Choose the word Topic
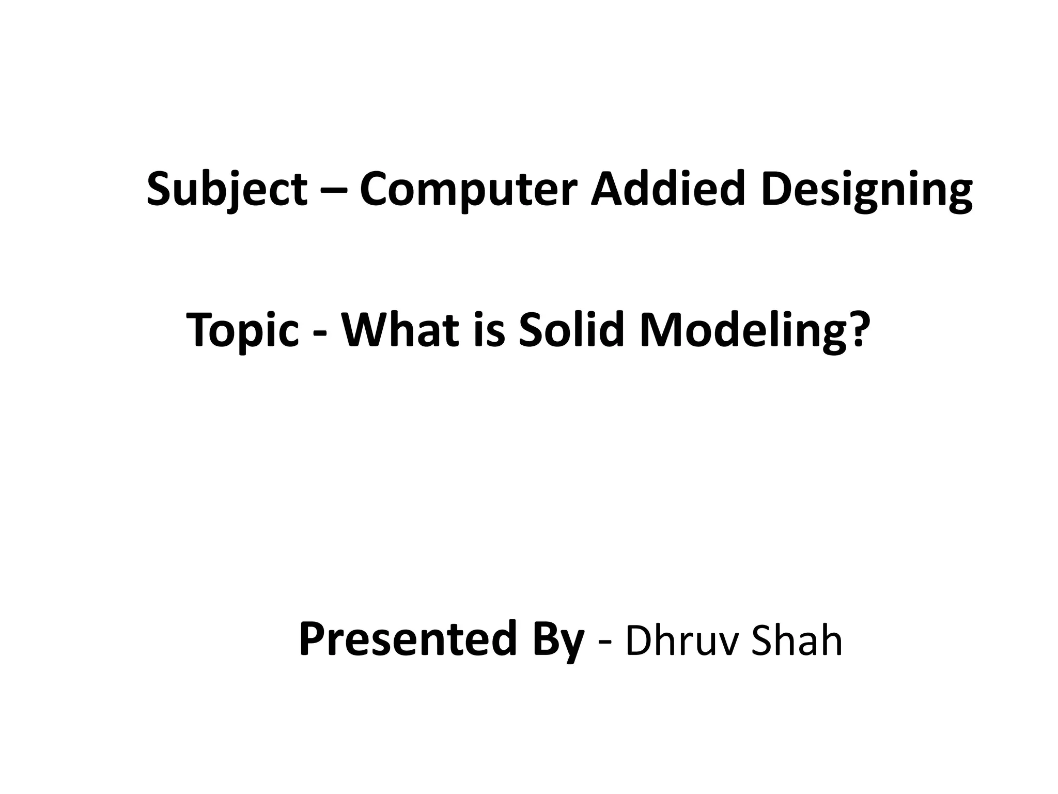(x=242, y=331)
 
